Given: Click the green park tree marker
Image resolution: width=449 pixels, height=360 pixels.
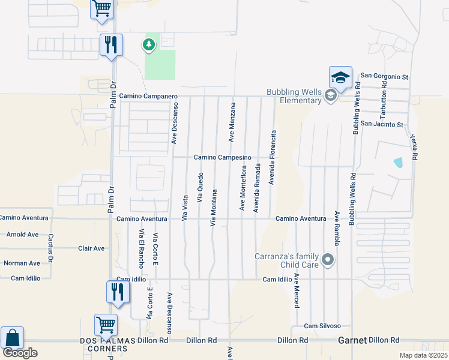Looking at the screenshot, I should click(148, 44).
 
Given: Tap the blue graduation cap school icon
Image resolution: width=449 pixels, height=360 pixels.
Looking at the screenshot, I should click(340, 77).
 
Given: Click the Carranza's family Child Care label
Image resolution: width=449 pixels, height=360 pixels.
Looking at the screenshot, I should click(288, 260).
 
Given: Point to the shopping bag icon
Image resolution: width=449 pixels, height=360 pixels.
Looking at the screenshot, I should click(12, 338).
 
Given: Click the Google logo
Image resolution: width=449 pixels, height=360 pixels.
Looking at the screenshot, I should click(20, 353).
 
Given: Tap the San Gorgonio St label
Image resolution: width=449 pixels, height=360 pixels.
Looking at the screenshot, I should click(384, 77).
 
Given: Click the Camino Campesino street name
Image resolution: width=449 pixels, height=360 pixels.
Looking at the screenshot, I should click(221, 157).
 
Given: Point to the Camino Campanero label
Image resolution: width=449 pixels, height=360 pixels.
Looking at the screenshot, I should click(148, 96).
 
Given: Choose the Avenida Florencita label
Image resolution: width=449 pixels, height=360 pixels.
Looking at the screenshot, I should click(272, 157).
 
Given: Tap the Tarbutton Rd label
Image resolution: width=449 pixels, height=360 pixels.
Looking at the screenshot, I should click(382, 102).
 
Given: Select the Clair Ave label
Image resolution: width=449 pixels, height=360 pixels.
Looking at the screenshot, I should click(91, 248).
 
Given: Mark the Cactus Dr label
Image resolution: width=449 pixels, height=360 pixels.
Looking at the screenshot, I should click(51, 248).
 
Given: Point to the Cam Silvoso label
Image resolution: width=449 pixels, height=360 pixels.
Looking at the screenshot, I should click(322, 326).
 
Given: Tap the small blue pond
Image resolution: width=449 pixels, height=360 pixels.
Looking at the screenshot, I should click(397, 162).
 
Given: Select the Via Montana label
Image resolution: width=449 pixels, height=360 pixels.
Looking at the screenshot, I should click(213, 208).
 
